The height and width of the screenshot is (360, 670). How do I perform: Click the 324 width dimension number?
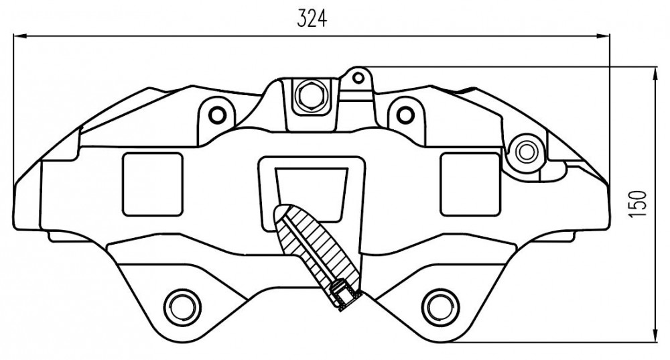[312, 18]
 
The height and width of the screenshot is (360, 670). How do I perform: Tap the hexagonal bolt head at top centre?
[309, 95]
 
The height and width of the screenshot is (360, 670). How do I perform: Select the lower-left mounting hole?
[182, 306]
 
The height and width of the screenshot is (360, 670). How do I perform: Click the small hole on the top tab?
[358, 77]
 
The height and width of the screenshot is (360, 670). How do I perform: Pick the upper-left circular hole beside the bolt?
[217, 115]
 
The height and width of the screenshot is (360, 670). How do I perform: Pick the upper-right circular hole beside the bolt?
[405, 114]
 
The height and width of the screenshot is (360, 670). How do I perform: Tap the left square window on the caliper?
[153, 184]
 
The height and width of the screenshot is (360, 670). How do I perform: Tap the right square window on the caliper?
[470, 184]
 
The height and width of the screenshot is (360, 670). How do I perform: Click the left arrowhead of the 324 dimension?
[20, 36]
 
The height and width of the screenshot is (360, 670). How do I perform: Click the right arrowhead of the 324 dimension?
[603, 37]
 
